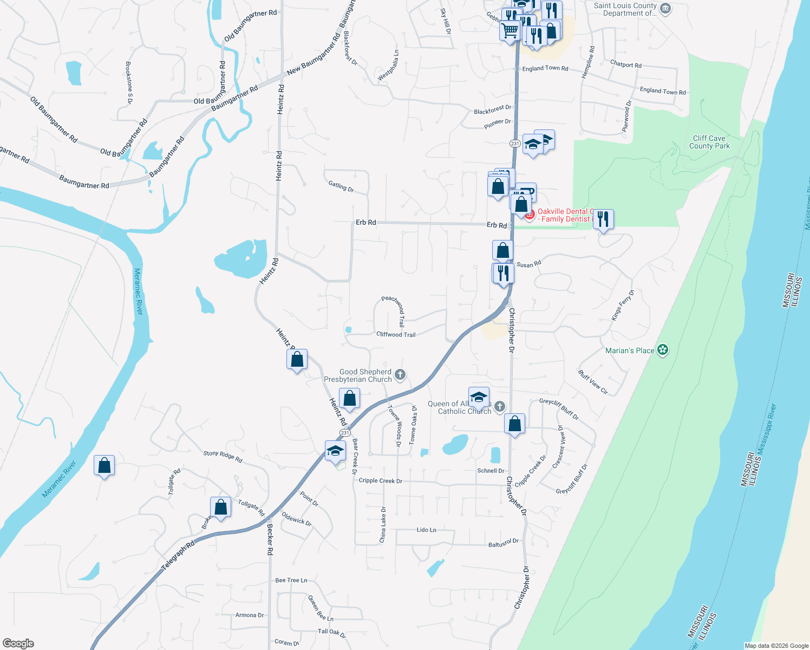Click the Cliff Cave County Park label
coord(709,142)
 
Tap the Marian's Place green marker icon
coord(663,350)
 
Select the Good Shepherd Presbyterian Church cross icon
coord(400,374)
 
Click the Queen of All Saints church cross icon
coord(500,406)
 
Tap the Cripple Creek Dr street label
coord(380,480)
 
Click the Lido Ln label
coord(426,530)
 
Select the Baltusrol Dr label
coord(504,543)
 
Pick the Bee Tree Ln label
coord(291,580)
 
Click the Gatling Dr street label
coord(341,186)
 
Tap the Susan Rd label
coord(528,264)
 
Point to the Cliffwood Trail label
coord(396,334)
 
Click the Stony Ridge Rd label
coord(223,457)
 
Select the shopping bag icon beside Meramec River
coord(104,465)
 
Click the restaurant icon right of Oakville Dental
coord(603,219)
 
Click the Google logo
coord(18,643)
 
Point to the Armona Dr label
coord(250,615)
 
